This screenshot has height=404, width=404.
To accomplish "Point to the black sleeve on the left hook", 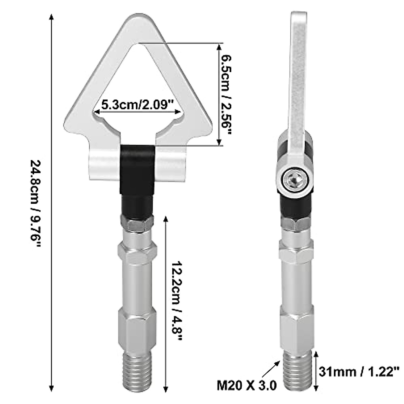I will click(x=137, y=178).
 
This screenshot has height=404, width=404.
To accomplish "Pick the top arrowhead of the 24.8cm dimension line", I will click(x=51, y=17).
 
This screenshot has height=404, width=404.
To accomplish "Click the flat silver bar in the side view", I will click(x=298, y=84).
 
